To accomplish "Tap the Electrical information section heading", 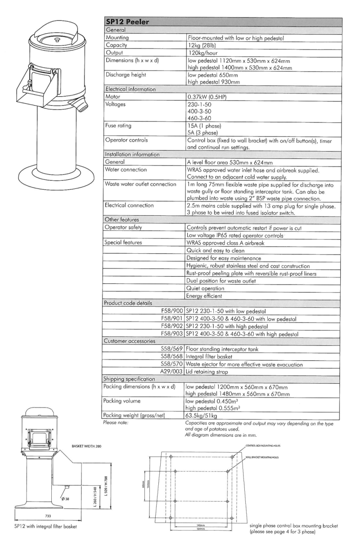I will coord(128,89).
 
